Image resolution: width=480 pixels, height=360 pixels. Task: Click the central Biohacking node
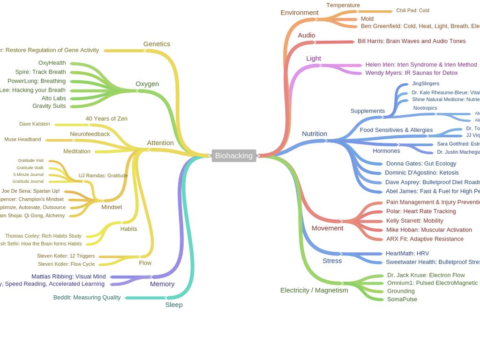(234, 156)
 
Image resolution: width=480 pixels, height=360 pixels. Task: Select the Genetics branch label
(157, 44)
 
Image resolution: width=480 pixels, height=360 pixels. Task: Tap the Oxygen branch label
(147, 84)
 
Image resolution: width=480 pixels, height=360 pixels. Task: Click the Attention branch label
(160, 143)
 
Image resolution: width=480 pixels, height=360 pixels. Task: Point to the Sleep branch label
(174, 305)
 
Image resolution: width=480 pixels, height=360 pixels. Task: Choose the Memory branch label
(162, 284)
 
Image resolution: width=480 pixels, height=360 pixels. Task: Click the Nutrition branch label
(315, 134)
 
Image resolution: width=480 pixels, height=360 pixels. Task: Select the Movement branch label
(328, 228)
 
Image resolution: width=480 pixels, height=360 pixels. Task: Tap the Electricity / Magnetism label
(314, 290)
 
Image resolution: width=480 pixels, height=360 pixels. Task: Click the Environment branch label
(300, 13)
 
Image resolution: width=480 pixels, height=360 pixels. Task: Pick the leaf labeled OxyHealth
(52, 63)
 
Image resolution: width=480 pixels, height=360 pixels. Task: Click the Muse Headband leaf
(22, 139)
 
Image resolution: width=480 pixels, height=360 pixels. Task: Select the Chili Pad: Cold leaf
(412, 10)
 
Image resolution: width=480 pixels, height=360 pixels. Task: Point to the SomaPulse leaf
(402, 299)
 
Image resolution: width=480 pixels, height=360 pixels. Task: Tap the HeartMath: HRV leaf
(407, 253)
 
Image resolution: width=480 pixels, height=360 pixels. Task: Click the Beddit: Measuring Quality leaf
(87, 297)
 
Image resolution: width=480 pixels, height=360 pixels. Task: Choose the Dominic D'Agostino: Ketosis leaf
(422, 172)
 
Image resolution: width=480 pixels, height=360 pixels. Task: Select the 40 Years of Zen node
(106, 119)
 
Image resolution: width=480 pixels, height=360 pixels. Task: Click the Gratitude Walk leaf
(30, 168)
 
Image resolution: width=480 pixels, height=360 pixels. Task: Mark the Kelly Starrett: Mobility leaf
(415, 220)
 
